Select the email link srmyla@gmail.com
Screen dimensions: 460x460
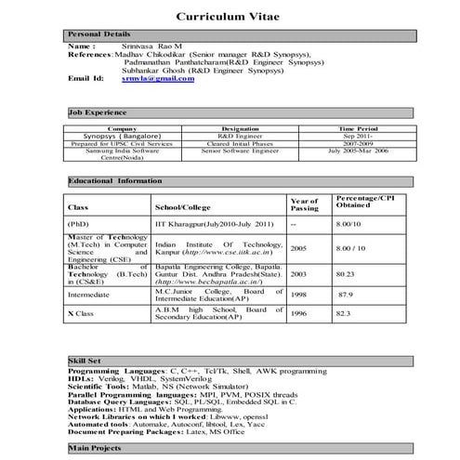click(x=159, y=79)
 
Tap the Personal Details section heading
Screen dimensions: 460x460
click(x=99, y=33)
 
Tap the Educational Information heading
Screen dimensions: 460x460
click(x=116, y=180)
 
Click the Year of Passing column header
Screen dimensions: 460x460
click(x=304, y=204)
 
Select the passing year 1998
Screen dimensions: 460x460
click(x=298, y=295)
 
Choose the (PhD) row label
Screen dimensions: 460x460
click(x=80, y=224)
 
